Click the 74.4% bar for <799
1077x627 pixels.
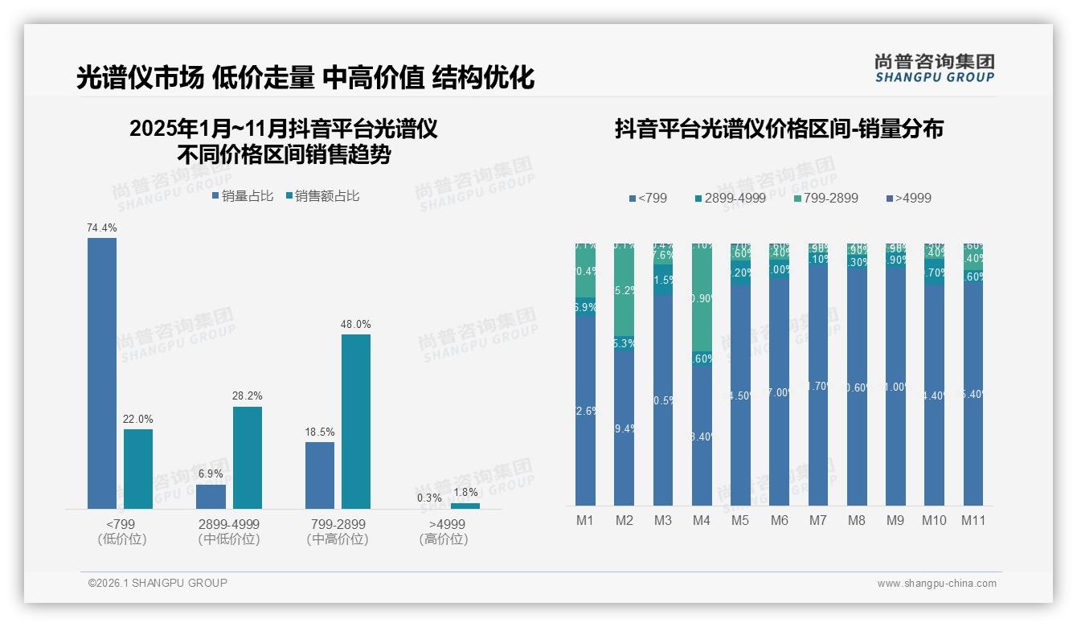[x=102, y=373]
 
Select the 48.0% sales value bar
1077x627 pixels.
[x=356, y=421]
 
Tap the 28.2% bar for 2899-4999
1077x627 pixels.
[x=248, y=457]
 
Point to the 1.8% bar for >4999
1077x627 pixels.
[x=465, y=506]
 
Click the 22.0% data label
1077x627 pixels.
[x=138, y=420]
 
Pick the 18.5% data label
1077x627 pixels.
[x=320, y=432]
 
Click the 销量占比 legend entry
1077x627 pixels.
[x=244, y=196]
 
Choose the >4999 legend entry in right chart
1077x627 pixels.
[x=908, y=198]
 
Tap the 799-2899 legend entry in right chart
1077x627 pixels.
[x=825, y=198]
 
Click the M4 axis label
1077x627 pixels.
[x=702, y=521]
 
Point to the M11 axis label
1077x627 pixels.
[x=973, y=521]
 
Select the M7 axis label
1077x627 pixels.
[x=817, y=521]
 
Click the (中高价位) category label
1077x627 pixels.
[x=338, y=539]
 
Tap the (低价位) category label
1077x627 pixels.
[x=122, y=539]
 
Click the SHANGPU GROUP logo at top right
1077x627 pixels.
[x=934, y=68]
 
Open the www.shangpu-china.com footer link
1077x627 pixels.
[x=936, y=584]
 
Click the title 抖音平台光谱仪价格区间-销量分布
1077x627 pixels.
[x=779, y=129]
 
